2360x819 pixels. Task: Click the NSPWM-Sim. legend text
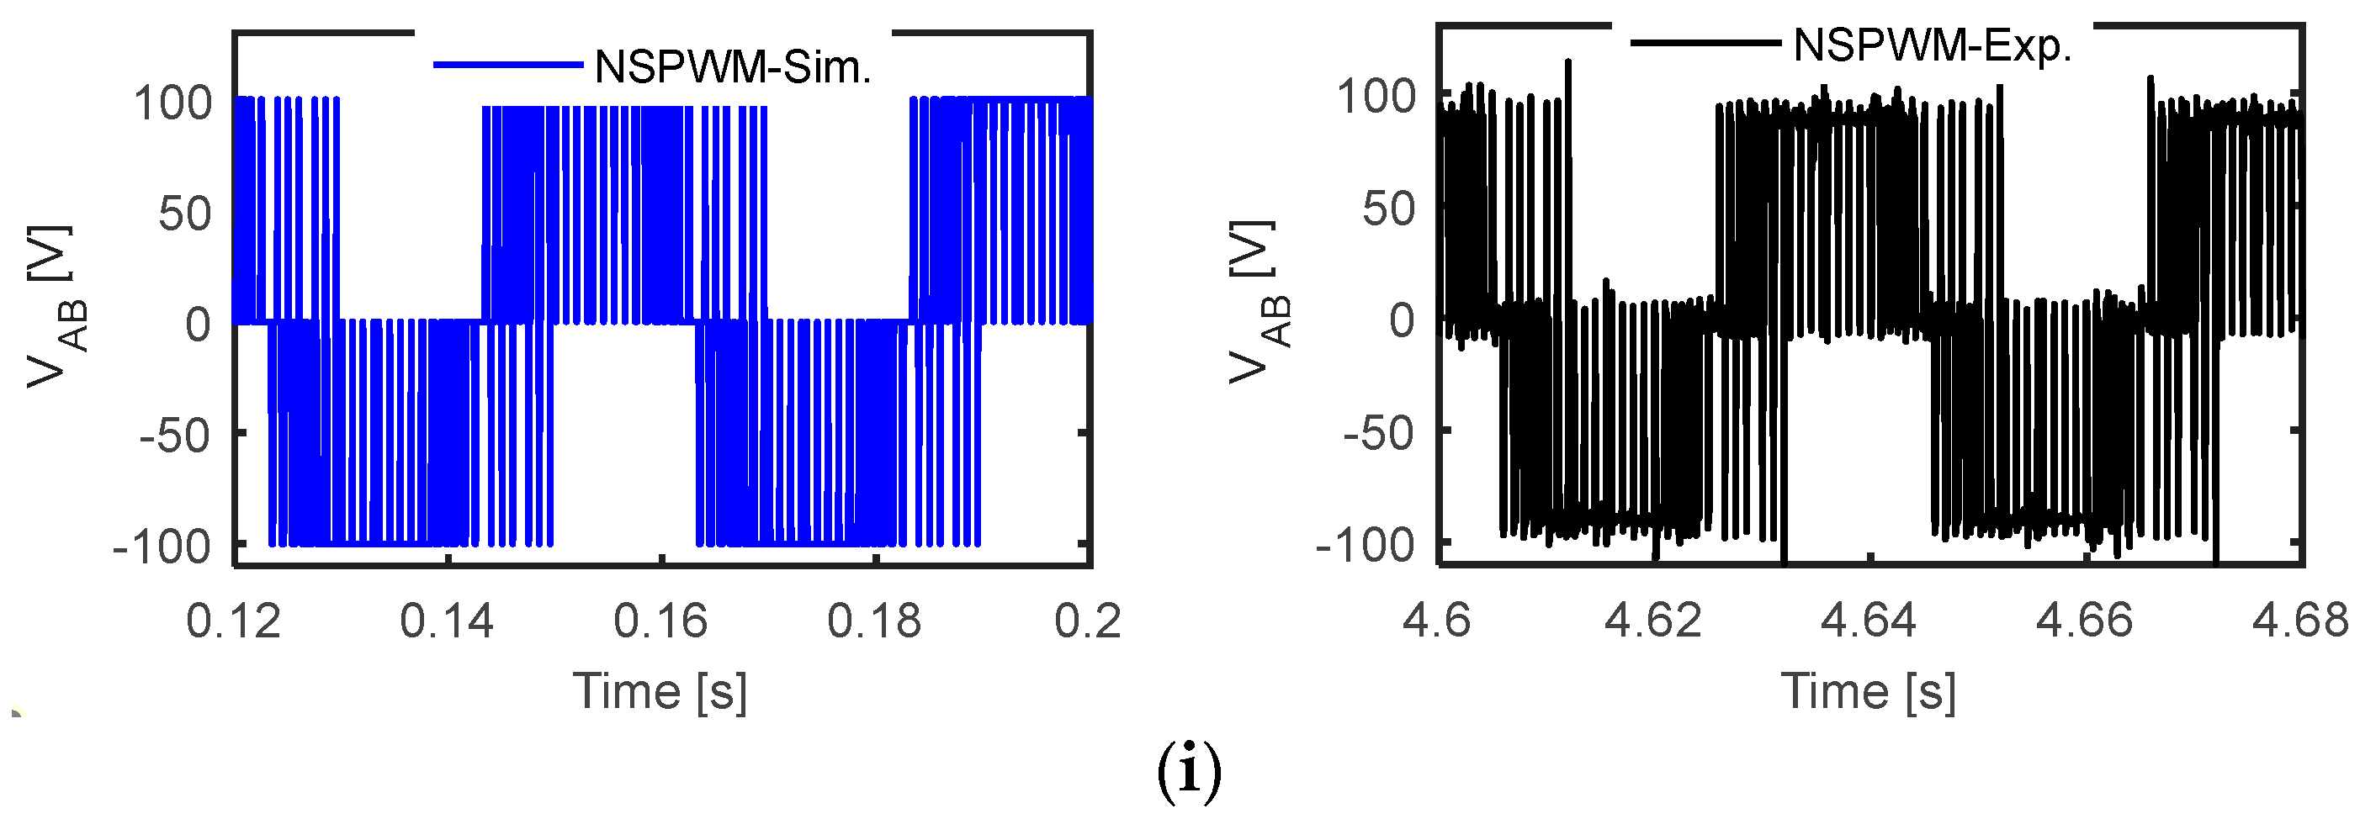pos(733,67)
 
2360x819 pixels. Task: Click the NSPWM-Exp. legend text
pos(1932,45)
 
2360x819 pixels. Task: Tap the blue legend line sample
pos(507,65)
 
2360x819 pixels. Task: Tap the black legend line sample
pos(1706,42)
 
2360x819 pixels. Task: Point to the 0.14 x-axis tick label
pos(447,621)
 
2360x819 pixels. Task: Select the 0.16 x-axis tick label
pos(660,621)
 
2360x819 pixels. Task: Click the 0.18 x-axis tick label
pos(874,621)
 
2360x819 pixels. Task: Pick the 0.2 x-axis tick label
pos(1088,621)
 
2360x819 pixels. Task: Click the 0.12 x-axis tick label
pos(234,621)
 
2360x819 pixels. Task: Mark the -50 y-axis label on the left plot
pos(175,436)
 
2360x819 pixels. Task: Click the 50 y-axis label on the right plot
pos(1389,209)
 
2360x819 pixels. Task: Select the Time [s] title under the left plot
pos(660,692)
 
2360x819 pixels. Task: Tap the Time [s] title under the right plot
pos(1869,692)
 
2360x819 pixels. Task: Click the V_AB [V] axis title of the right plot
pos(1259,300)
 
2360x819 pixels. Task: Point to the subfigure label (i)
pos(1189,771)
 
